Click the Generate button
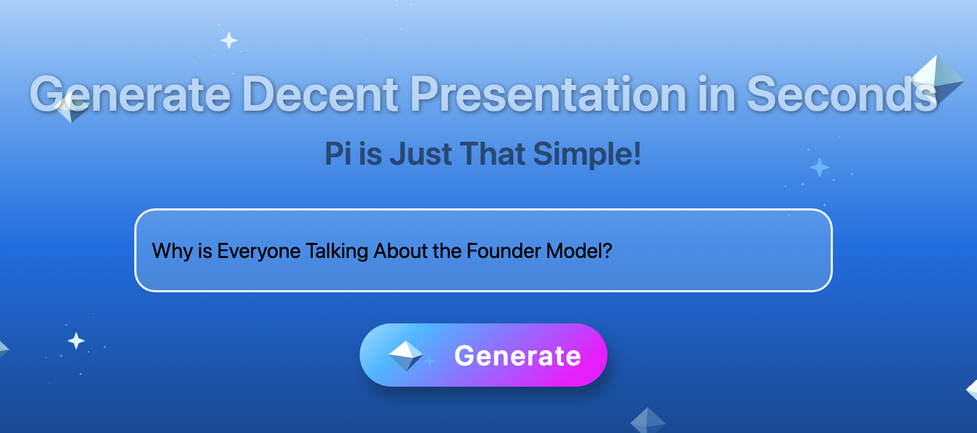[483, 355]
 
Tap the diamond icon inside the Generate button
[406, 356]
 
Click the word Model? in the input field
[579, 251]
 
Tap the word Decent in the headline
[320, 94]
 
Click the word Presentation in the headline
[548, 94]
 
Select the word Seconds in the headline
[842, 94]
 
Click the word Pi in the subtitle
[338, 153]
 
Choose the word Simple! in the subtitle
[587, 154]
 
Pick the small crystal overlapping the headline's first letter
[71, 107]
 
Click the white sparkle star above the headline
[229, 40]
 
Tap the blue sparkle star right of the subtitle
[819, 167]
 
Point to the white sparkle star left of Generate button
[76, 341]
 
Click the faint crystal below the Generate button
[648, 420]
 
